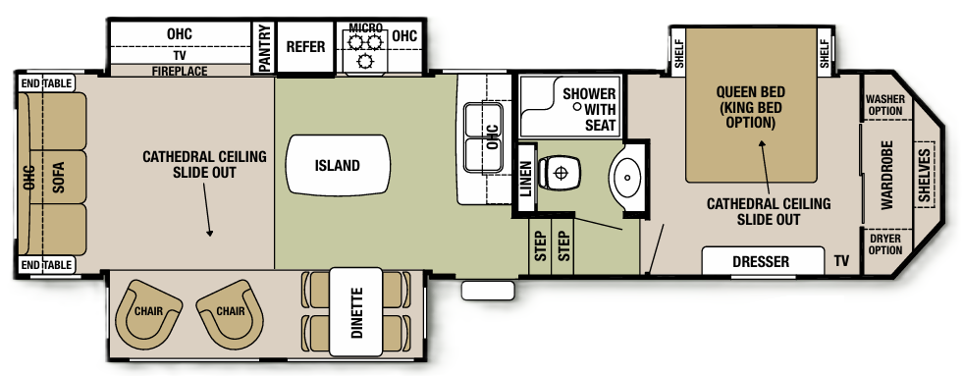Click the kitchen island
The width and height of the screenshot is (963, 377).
337,166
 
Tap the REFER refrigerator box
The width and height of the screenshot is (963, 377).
304,47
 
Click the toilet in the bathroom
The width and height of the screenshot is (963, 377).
561,173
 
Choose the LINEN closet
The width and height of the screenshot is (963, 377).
525,177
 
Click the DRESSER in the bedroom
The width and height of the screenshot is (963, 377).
762,262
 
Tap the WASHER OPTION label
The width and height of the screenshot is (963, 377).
883,104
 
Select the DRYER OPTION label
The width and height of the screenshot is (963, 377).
883,244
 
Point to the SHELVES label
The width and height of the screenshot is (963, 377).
924,177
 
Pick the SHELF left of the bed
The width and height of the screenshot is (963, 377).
677,55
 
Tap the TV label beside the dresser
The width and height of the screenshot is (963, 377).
841,262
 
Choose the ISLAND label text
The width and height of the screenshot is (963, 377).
337,166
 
